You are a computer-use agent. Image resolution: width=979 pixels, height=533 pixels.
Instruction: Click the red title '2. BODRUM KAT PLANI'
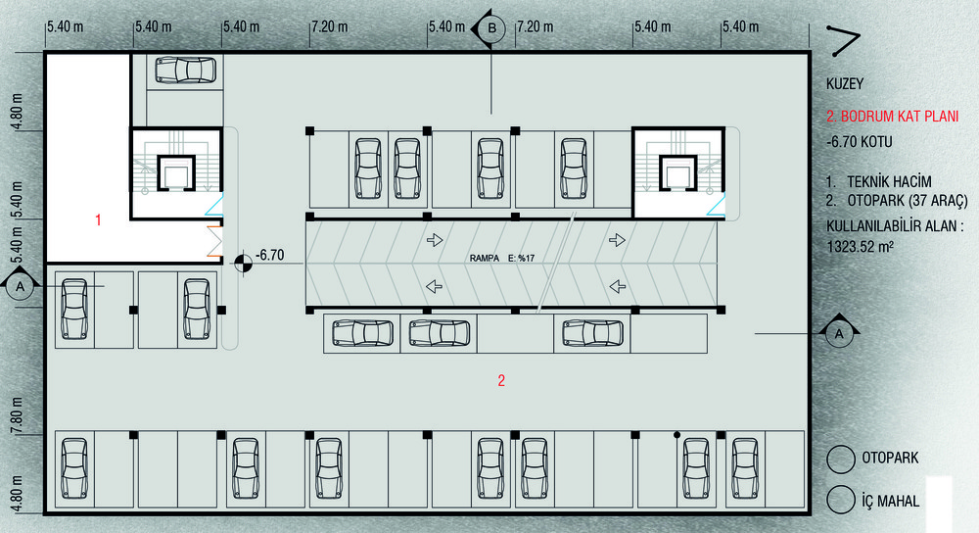892,117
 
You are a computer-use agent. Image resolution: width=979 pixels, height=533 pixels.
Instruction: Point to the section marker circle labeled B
491,28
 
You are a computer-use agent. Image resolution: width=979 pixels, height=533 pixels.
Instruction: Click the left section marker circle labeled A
20,287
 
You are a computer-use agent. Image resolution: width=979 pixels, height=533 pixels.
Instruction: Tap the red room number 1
98,220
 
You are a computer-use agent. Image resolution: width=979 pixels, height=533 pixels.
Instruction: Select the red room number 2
501,381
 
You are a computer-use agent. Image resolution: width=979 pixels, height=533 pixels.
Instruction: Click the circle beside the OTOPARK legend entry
839,459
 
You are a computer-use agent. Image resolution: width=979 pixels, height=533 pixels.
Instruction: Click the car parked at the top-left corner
185,70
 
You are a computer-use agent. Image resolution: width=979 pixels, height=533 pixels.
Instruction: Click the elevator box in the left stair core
177,173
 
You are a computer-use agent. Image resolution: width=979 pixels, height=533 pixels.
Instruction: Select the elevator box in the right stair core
678,173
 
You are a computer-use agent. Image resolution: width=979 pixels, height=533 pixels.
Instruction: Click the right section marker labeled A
838,333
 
